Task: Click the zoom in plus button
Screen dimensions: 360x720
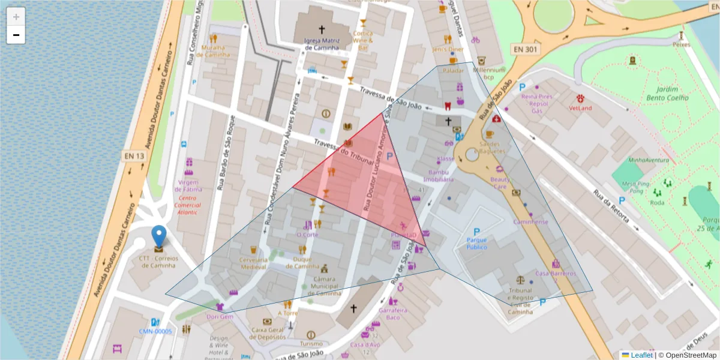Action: point(16,17)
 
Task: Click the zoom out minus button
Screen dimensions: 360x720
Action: point(16,35)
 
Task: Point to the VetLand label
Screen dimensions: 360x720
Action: point(580,108)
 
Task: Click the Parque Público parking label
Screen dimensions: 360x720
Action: point(477,244)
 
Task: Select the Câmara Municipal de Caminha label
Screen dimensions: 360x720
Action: point(325,286)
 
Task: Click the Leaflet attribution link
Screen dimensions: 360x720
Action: point(641,355)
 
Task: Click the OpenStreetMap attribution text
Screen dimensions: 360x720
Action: point(687,355)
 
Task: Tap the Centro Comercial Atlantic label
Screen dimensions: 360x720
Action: point(187,205)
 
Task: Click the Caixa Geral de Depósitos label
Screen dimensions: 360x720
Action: point(268,333)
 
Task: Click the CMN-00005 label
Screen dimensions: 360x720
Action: point(155,331)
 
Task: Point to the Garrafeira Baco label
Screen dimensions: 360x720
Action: point(393,313)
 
